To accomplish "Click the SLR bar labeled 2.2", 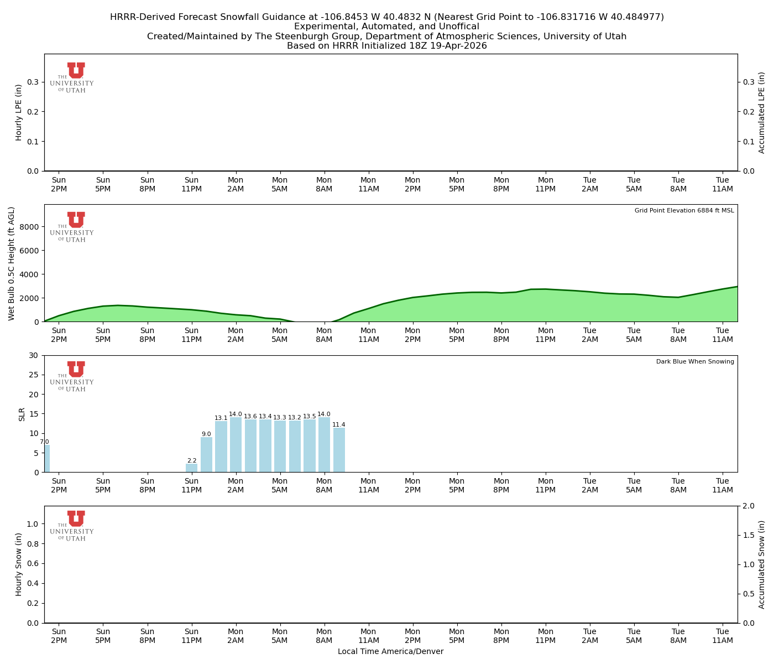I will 191,468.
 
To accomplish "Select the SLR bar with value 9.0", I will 206,455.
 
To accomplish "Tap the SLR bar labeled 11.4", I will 339,450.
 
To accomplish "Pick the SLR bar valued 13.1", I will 221,447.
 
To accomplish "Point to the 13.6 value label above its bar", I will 250,417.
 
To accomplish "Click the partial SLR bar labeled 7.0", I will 47,459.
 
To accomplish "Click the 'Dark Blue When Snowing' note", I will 695,362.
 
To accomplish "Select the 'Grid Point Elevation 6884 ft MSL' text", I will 684,211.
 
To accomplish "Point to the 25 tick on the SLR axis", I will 35,375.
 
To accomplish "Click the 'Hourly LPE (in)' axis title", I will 19,112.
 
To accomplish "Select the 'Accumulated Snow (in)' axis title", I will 762,564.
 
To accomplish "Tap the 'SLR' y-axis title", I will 22,414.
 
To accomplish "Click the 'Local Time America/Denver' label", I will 390,652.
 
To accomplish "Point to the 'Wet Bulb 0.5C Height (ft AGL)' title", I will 12,263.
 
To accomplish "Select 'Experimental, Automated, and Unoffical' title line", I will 386,27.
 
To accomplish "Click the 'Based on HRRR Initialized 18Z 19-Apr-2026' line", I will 386,46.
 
